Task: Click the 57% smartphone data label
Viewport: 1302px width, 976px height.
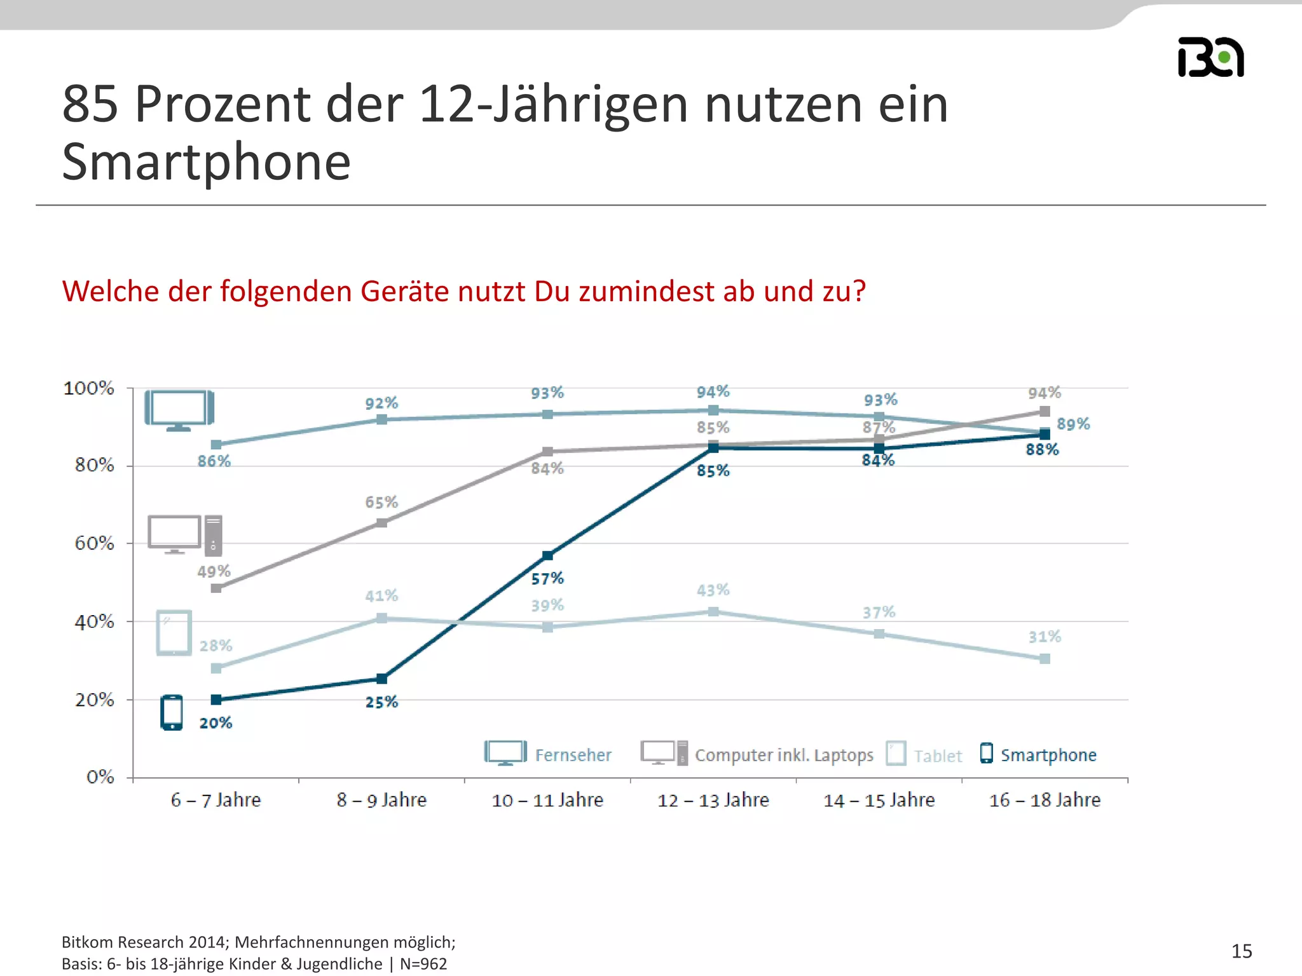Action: [x=547, y=578]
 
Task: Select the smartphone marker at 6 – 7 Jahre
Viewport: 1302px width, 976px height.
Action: [x=216, y=700]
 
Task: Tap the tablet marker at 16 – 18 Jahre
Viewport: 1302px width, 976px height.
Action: [x=1045, y=659]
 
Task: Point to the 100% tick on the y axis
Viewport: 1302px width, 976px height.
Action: [x=88, y=388]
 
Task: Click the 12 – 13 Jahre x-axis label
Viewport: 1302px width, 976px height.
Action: [x=713, y=800]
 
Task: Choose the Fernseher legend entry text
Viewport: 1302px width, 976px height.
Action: [x=573, y=755]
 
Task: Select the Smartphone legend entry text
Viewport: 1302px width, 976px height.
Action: [x=1048, y=755]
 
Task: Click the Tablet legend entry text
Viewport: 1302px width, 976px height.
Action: [x=938, y=756]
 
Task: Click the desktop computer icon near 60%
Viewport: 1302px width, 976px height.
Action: [x=184, y=534]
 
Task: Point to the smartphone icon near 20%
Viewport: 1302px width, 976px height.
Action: [x=172, y=712]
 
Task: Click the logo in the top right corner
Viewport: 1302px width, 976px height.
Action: [x=1210, y=58]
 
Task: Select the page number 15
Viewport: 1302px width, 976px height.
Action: [x=1241, y=951]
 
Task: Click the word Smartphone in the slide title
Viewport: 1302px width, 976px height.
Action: [x=206, y=162]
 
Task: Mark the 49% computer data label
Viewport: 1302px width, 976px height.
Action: [x=214, y=571]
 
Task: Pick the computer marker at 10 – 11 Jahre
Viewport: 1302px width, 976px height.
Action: [x=547, y=452]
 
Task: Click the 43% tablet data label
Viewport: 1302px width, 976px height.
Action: [x=713, y=590]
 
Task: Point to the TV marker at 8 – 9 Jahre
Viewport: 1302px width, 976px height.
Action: [x=381, y=419]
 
